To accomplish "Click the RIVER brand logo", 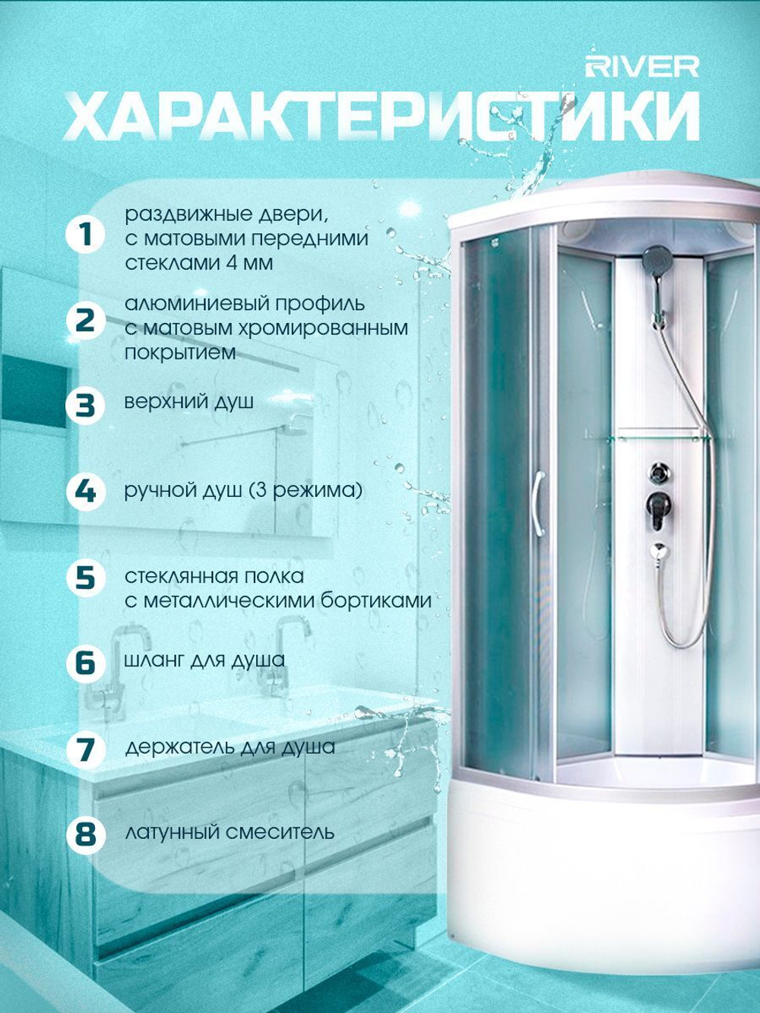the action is [642, 68].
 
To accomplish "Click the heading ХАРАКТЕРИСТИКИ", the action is [382, 117].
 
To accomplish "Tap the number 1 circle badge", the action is [85, 235].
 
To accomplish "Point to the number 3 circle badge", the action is [85, 405].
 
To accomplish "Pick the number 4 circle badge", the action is [85, 492].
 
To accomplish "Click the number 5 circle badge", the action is [85, 578].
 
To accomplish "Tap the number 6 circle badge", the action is [85, 663].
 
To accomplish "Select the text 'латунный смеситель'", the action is [230, 833].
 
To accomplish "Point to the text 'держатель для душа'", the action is [230, 748].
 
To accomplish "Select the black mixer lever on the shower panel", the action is [658, 509].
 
